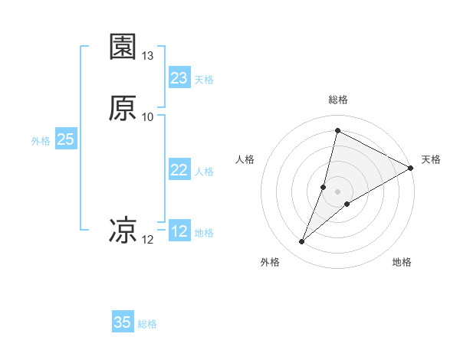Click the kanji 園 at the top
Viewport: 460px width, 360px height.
pos(123,47)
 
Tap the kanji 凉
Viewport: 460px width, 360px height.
pos(123,229)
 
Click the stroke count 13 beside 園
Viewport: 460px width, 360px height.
pos(148,56)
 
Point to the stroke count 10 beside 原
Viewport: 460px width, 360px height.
pos(148,116)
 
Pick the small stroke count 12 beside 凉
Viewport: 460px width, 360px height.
pos(148,240)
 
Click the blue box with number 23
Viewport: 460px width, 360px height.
pos(179,78)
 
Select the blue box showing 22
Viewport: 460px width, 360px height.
pos(179,170)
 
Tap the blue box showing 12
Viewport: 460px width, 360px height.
pos(179,231)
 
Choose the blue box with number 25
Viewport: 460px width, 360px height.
pos(65,139)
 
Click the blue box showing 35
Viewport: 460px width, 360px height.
pos(123,322)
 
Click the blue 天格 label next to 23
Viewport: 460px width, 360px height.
pos(204,80)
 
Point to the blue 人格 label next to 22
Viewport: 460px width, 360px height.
pos(204,172)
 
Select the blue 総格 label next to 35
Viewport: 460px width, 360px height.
pos(147,324)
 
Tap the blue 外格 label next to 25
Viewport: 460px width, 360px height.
pos(41,141)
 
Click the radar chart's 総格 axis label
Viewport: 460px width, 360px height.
pos(338,100)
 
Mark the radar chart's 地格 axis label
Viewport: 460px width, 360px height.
pos(402,263)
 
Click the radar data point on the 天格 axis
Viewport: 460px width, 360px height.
pos(411,169)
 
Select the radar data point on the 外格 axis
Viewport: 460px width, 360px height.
pos(302,242)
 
